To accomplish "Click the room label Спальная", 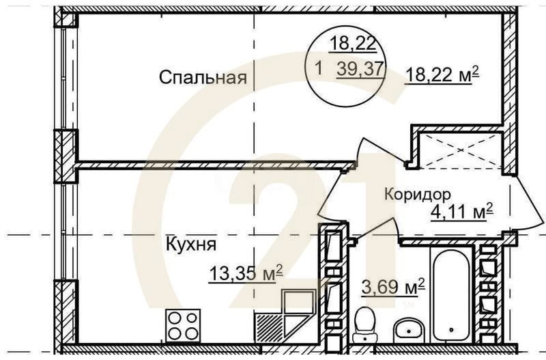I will pos(202,77).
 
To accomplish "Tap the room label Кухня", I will pos(190,243).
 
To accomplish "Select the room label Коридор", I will pos(417,193).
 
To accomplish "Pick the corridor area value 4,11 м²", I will pos(461,212).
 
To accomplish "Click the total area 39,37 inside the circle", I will pos(361,68).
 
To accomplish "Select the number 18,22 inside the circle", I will pos(352,44).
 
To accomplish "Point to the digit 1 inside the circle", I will pos(319,68).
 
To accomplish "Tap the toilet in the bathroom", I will pos(366,322).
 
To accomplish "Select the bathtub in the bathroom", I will pos(450,294).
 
